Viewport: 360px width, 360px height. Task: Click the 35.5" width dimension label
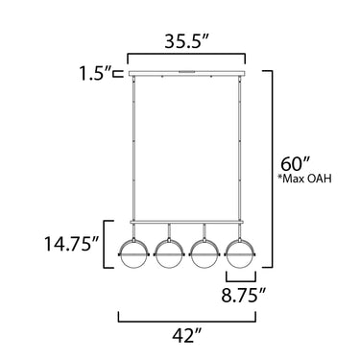pos(187,41)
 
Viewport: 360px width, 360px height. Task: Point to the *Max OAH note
pos(304,179)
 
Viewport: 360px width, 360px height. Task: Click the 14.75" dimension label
pos(71,244)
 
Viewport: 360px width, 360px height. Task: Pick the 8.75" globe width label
pos(244,295)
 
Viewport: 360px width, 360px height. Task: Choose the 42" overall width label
pos(188,336)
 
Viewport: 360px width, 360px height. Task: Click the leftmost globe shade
pos(133,253)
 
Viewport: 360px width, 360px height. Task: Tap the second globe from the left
pos(169,253)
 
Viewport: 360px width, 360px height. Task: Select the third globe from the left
pos(204,253)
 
